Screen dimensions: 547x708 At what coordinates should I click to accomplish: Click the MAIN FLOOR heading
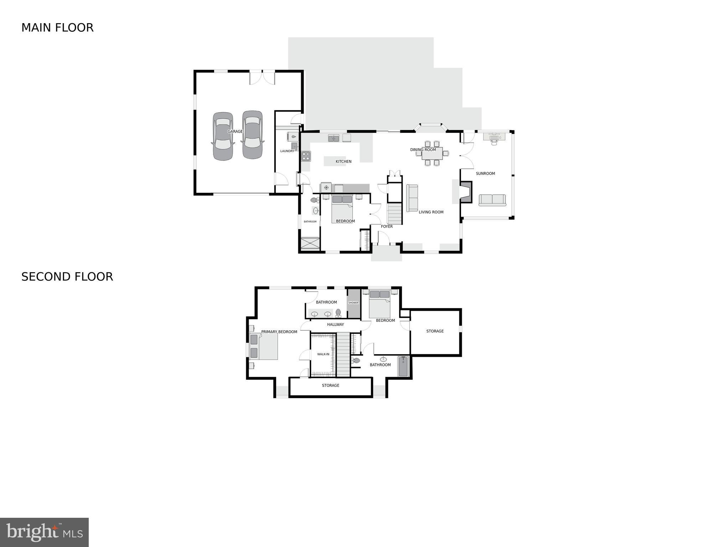(x=57, y=28)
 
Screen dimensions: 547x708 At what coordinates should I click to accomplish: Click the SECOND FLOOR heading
(x=67, y=277)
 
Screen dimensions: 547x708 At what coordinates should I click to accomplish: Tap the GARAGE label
(x=235, y=131)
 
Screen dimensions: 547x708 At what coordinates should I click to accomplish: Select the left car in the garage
(x=223, y=136)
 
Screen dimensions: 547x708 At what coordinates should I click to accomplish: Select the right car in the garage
(x=253, y=135)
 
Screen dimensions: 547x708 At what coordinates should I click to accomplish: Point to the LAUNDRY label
(x=287, y=151)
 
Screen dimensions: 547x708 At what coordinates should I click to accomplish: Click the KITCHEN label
(x=343, y=161)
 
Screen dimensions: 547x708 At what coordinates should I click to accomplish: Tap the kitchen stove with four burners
(x=306, y=156)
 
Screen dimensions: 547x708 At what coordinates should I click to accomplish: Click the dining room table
(x=432, y=154)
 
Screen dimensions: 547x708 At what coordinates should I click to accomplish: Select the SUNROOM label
(x=485, y=174)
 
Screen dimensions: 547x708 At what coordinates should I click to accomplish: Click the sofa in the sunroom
(x=492, y=200)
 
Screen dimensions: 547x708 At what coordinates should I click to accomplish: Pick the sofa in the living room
(x=412, y=198)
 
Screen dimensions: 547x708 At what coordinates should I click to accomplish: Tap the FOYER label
(x=387, y=226)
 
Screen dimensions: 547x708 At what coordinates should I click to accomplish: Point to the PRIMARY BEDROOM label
(x=279, y=332)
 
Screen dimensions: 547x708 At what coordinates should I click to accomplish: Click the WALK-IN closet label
(x=323, y=354)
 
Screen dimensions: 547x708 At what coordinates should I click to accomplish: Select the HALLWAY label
(x=335, y=324)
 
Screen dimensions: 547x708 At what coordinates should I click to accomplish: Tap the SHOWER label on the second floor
(x=353, y=303)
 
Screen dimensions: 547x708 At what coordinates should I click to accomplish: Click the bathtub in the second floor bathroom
(x=403, y=366)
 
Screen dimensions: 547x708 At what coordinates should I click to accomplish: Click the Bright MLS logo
(x=44, y=532)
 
